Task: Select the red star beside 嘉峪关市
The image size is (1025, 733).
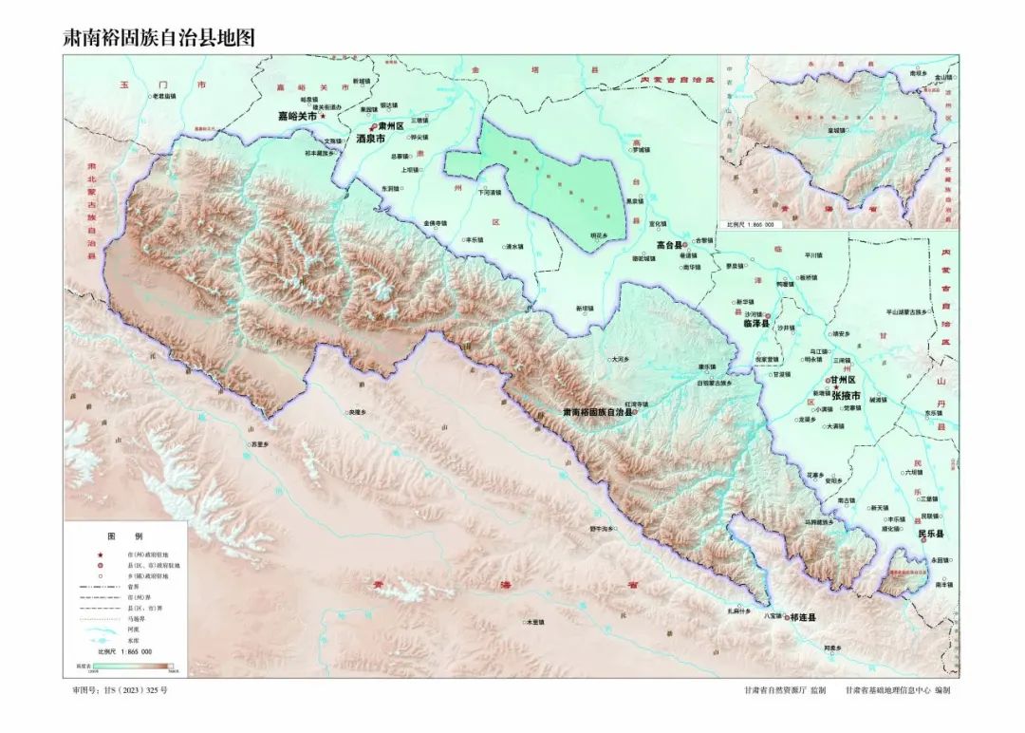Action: (x=323, y=116)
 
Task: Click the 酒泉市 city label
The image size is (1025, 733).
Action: (x=370, y=139)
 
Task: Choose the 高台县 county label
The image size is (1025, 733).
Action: (x=671, y=244)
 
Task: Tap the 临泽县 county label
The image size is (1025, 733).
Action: (x=750, y=324)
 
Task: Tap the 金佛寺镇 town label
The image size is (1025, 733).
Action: (x=435, y=223)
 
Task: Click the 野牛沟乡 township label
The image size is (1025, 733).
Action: (x=600, y=528)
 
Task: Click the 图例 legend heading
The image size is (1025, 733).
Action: (x=123, y=536)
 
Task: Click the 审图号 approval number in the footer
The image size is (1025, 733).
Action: (x=120, y=690)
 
